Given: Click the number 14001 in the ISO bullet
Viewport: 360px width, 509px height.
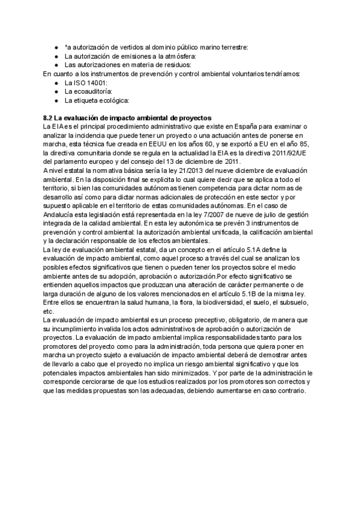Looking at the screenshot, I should [95, 82].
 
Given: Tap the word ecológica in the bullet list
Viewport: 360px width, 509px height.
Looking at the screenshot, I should [113, 100].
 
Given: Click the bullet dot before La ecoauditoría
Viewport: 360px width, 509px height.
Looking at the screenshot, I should [56, 91].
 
